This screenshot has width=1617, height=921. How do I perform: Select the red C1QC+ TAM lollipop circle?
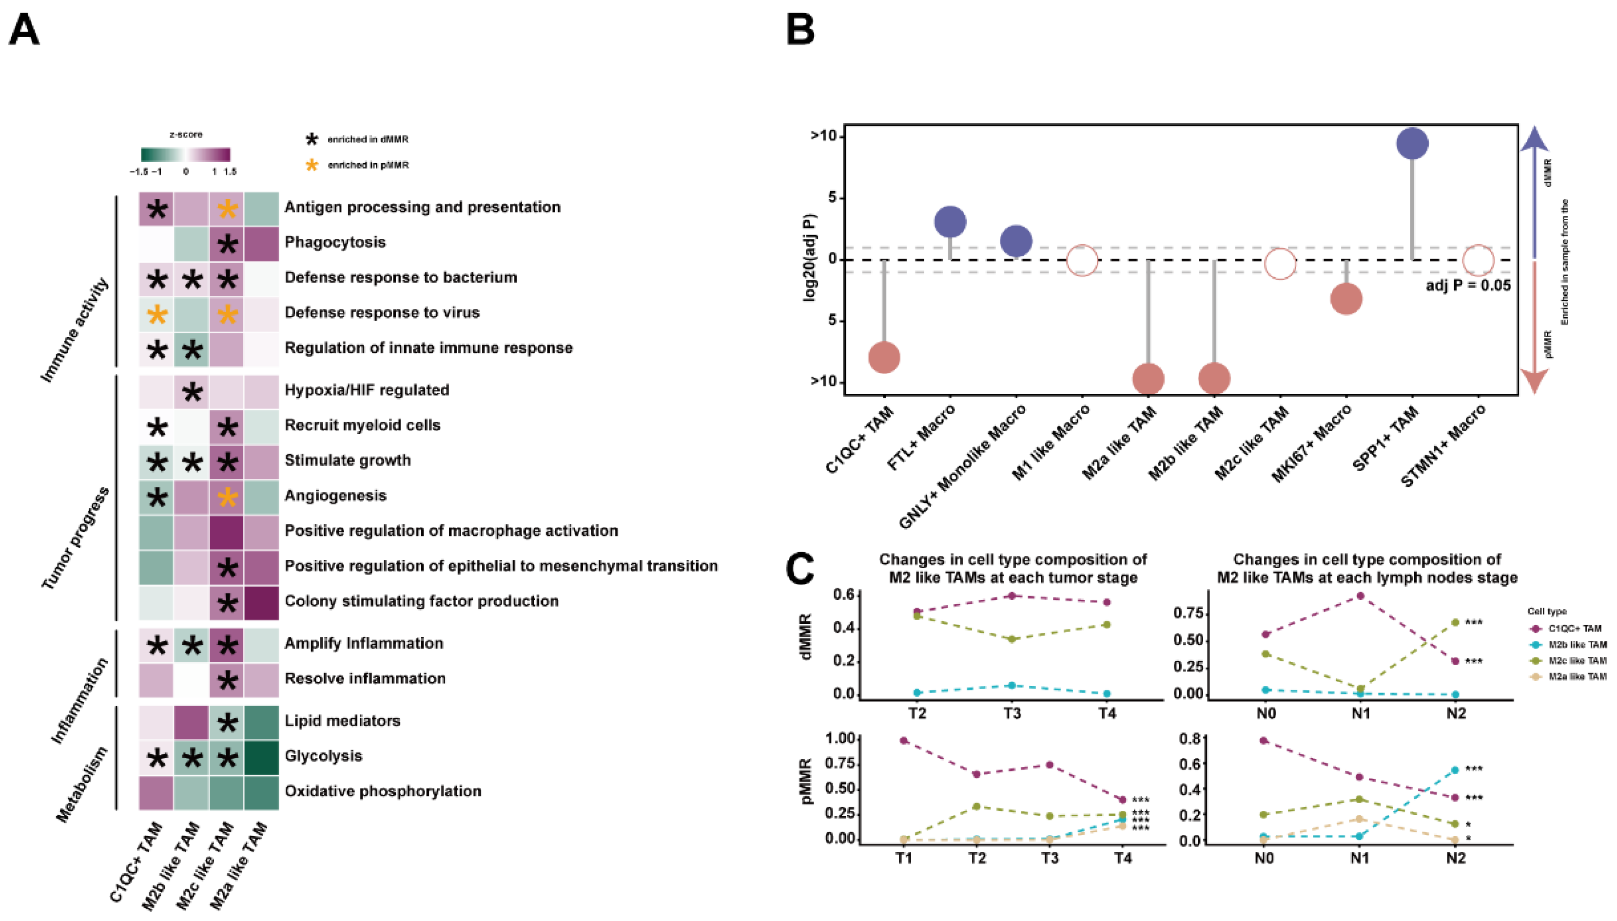pos(884,357)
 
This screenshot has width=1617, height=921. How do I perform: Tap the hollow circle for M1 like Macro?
pos(1082,260)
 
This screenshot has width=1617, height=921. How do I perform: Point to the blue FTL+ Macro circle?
pos(950,222)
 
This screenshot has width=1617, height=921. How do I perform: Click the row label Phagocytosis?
pos(334,242)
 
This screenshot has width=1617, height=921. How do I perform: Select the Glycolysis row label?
pos(323,756)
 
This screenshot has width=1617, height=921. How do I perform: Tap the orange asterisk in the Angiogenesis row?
pos(227,497)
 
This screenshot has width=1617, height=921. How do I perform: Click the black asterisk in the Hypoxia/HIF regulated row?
pos(192,392)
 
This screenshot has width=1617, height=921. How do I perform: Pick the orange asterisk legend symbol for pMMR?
pos(311,165)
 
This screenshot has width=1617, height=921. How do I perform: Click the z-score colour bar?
pos(185,155)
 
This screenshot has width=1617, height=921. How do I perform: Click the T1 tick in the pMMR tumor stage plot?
pos(903,858)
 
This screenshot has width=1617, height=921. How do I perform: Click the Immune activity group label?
pos(74,329)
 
